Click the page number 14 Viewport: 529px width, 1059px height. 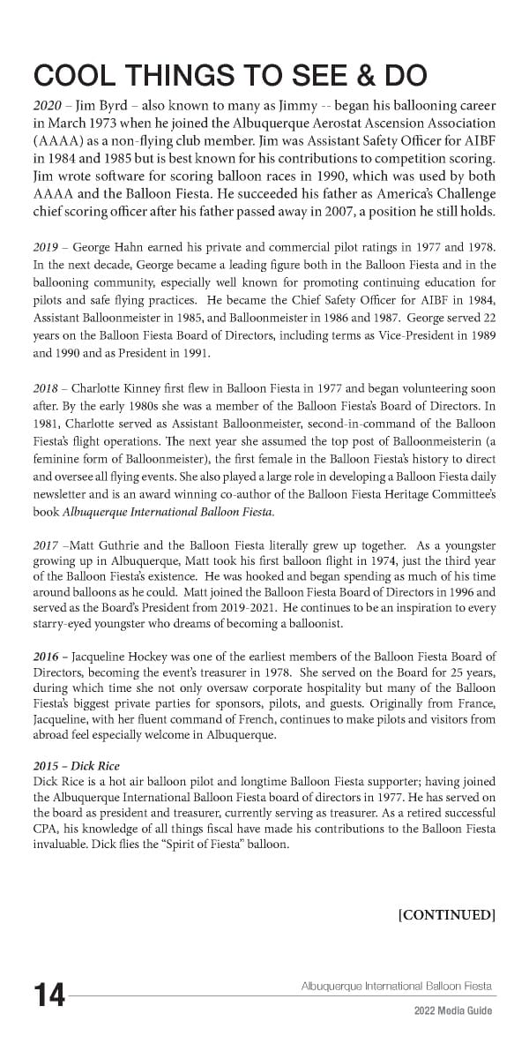coord(49,995)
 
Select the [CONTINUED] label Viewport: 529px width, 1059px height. coord(447,914)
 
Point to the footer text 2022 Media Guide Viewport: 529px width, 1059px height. coord(453,1010)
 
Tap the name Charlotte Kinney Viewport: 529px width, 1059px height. coord(121,389)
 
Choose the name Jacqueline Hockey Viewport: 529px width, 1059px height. coord(129,656)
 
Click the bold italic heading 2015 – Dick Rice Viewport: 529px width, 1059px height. coord(75,765)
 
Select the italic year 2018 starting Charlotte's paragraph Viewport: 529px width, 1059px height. coord(46,389)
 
